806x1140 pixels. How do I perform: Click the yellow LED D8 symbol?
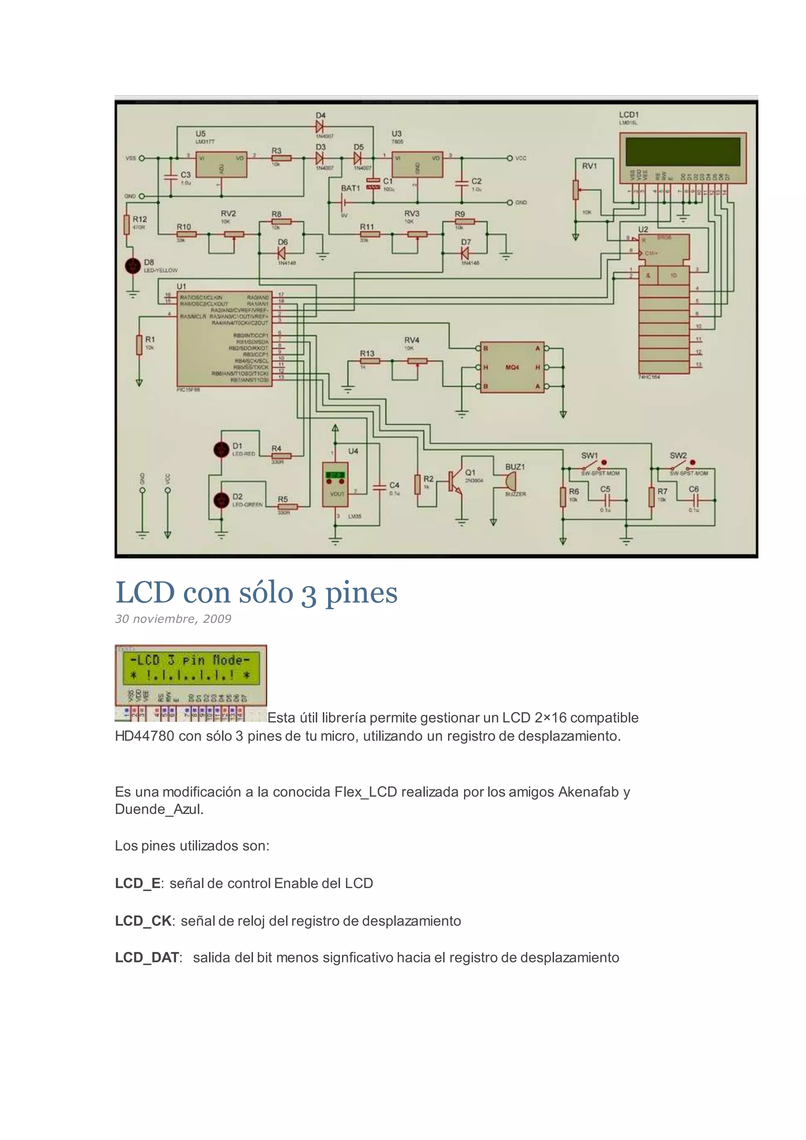[133, 266]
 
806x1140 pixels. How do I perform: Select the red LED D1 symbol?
[221, 449]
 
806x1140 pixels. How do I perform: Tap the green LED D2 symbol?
[221, 500]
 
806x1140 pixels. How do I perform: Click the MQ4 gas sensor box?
[512, 367]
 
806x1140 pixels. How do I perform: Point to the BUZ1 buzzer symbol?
[510, 481]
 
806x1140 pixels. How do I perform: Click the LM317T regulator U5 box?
[221, 164]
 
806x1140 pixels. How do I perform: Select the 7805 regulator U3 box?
[418, 164]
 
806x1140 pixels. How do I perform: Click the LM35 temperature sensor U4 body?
[335, 485]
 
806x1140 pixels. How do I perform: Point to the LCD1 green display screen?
[682, 152]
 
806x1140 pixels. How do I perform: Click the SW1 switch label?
[589, 455]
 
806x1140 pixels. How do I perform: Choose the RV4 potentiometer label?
[411, 340]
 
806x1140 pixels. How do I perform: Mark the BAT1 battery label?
[350, 188]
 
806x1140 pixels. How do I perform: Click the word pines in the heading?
[361, 593]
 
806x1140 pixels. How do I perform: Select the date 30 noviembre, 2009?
[173, 619]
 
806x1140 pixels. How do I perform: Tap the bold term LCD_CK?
[143, 921]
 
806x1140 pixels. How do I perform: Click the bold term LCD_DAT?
[147, 958]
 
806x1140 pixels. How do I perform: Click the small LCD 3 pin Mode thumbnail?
[190, 683]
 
